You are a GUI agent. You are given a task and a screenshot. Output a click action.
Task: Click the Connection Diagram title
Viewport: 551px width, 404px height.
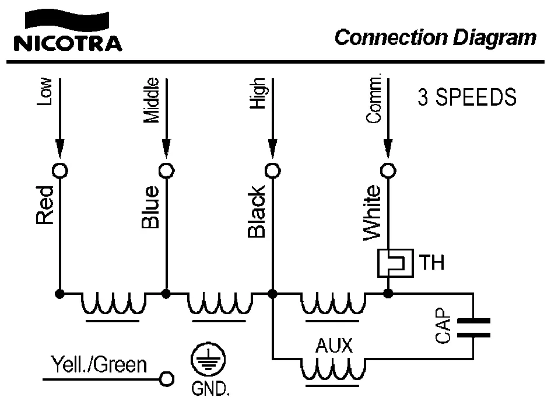tap(435, 37)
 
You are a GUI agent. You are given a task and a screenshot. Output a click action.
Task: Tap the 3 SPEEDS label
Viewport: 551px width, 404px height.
tap(466, 97)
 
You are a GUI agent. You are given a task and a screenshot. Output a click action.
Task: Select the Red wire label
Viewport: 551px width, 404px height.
tap(45, 206)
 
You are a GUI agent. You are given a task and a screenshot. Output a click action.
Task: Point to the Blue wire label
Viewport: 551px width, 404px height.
tap(150, 207)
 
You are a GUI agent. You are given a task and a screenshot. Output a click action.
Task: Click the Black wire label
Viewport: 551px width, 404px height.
tap(257, 211)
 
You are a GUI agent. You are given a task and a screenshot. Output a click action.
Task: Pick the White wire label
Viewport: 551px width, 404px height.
tap(372, 213)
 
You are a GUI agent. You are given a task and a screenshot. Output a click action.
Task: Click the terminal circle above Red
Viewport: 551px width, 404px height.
tap(59, 170)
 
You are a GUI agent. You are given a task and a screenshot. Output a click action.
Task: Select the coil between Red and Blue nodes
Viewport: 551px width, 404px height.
tap(113, 304)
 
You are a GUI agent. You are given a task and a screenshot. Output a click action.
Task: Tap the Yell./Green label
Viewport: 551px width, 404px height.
tap(99, 365)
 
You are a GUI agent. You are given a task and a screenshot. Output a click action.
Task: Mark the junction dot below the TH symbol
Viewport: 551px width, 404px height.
tap(388, 294)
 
